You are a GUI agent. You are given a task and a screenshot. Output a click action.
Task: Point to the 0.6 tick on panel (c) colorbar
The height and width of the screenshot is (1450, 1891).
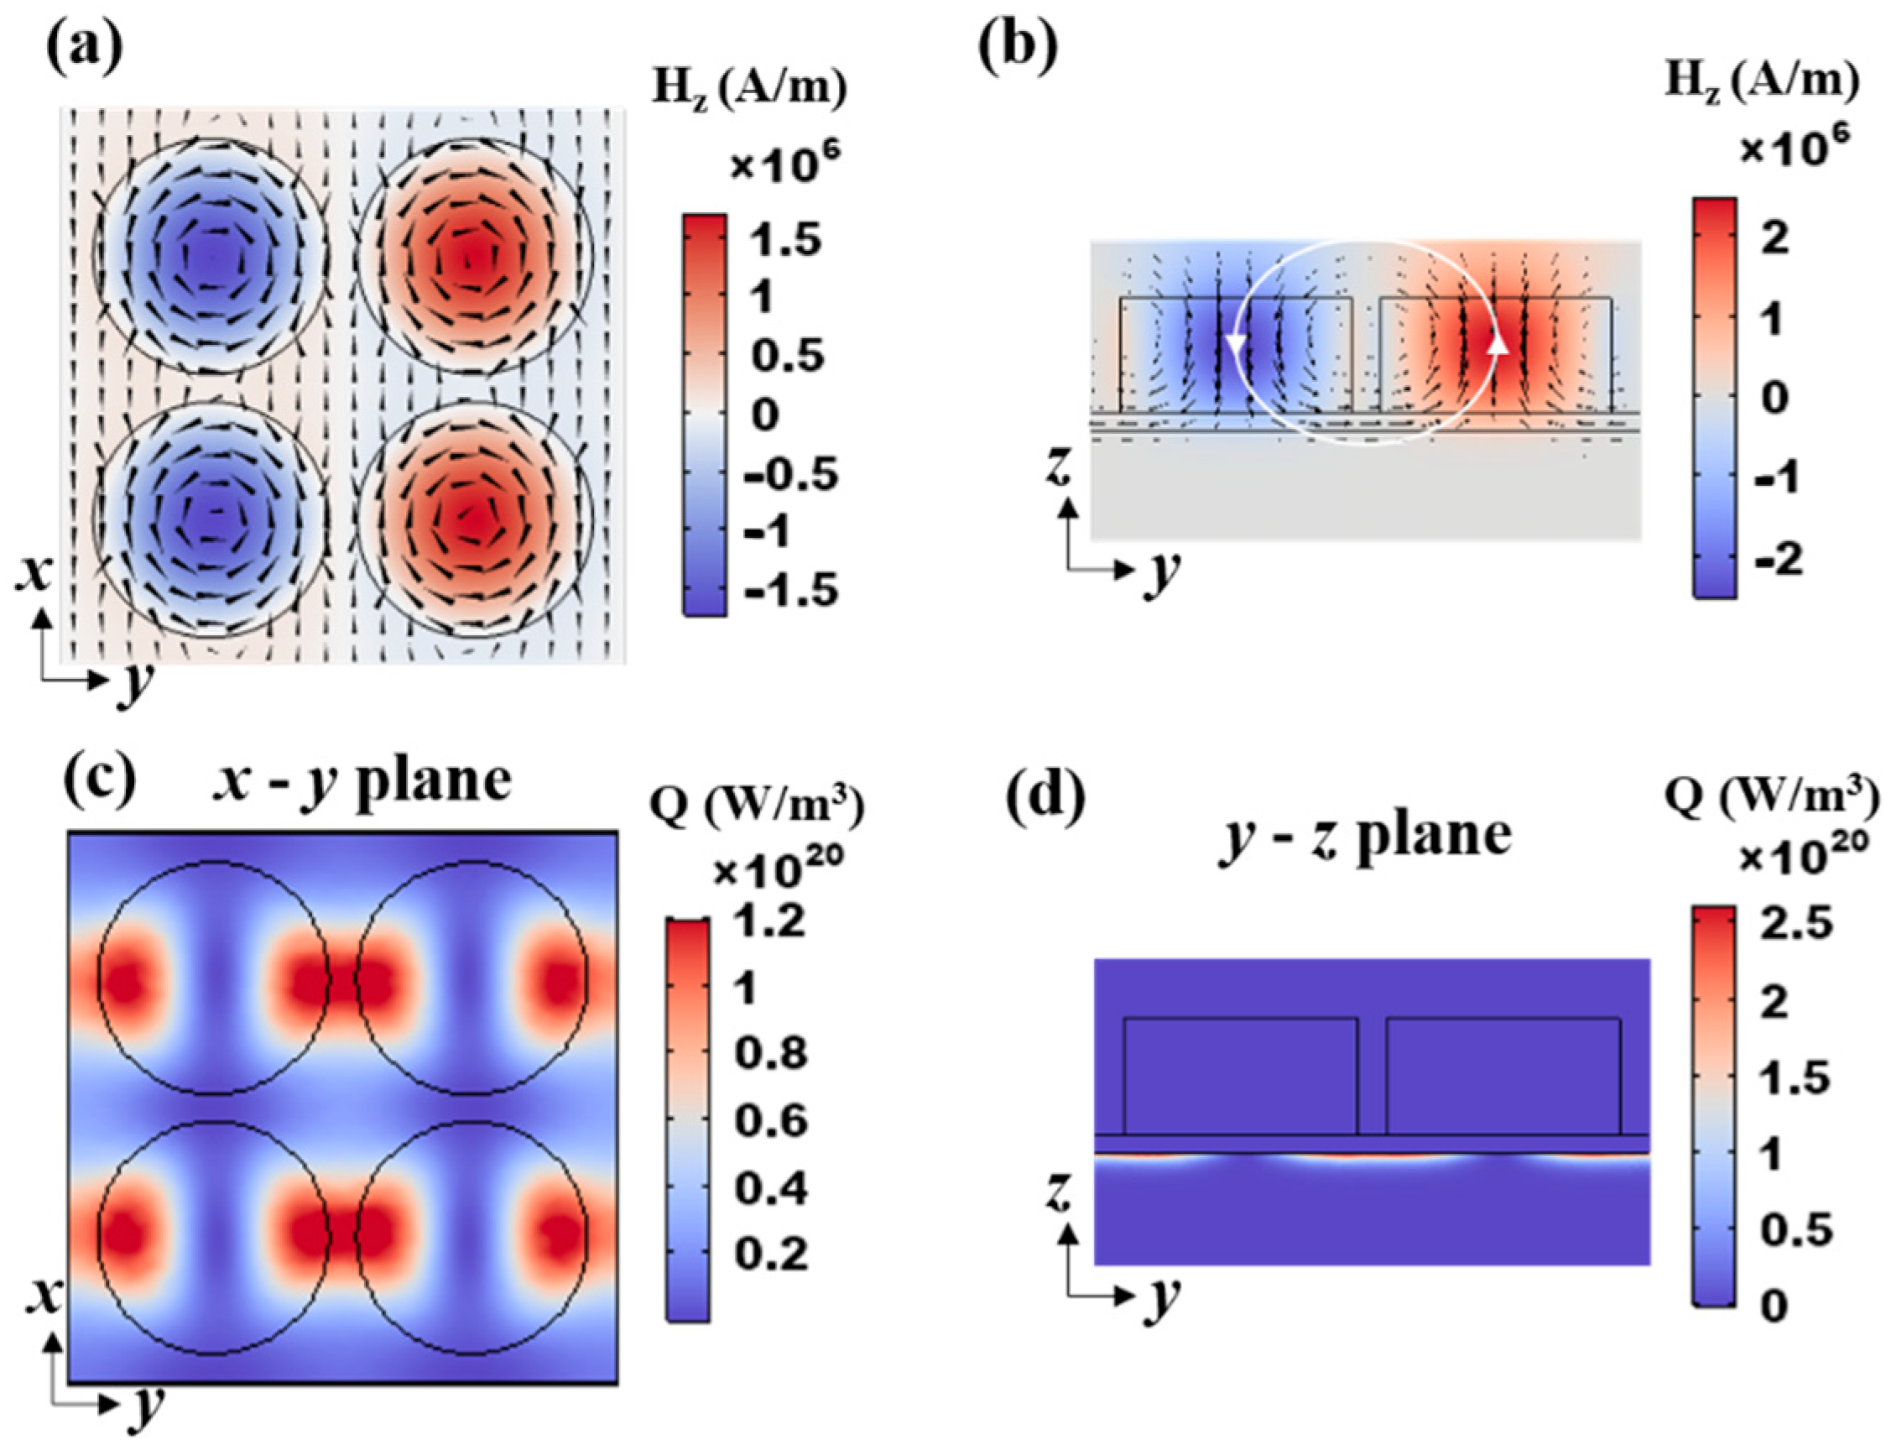[770, 1121]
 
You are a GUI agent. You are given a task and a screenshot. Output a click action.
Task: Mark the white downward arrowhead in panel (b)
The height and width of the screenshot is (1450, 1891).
[1236, 343]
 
